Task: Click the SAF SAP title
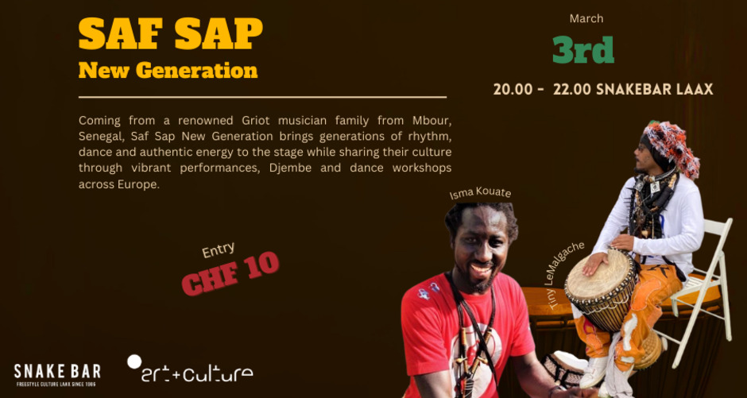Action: point(170,33)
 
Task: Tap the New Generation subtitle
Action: point(168,70)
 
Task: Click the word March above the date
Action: point(586,18)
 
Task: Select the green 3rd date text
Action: point(583,49)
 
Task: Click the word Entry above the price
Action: point(218,251)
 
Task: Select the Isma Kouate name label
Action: point(480,193)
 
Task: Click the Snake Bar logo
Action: point(57,372)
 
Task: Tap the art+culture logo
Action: point(191,370)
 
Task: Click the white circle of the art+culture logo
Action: point(134,361)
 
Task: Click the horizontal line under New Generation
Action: point(262,98)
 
